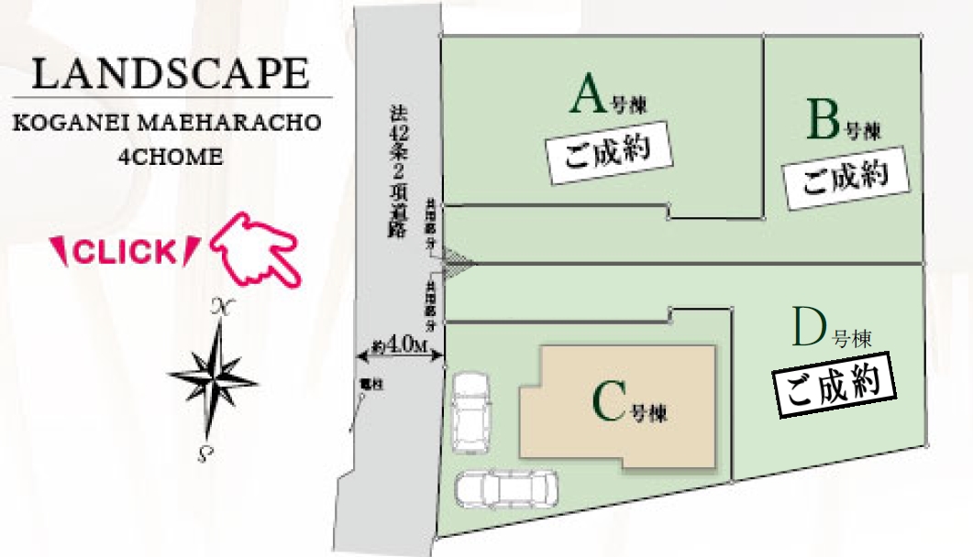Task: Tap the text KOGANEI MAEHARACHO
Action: (167, 124)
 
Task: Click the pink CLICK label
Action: (124, 252)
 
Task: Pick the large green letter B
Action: (823, 119)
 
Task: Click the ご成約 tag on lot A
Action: (606, 151)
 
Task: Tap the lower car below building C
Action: (505, 488)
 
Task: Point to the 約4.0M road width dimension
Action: (401, 345)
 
